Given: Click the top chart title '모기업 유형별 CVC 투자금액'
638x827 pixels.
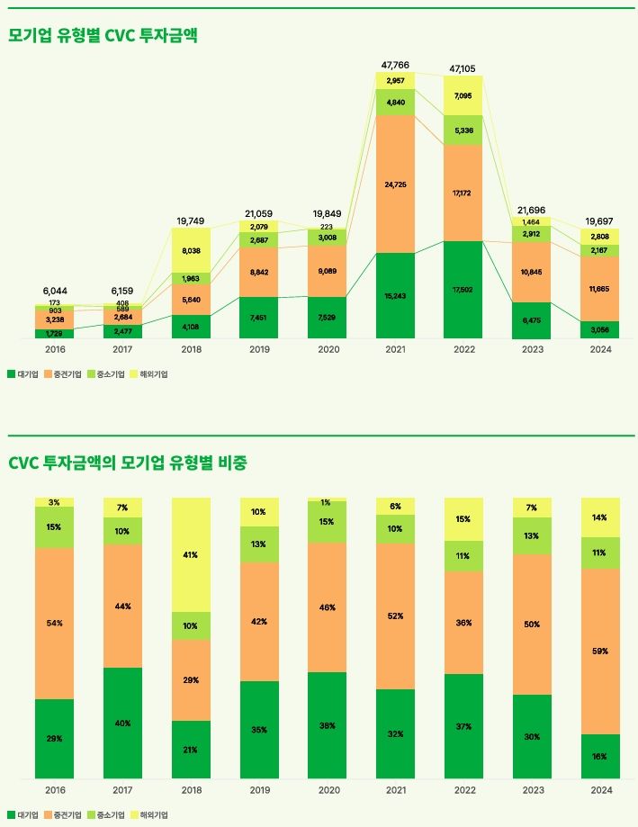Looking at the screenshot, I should [x=103, y=36].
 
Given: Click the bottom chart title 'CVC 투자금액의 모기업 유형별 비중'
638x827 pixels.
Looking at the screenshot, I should [x=128, y=463].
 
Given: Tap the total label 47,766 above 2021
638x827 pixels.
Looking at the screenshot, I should [x=396, y=65].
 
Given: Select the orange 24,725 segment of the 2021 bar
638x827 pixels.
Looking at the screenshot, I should [x=396, y=184].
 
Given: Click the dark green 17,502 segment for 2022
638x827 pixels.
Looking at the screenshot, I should [x=464, y=290].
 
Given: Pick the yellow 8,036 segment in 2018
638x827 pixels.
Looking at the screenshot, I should [x=192, y=251].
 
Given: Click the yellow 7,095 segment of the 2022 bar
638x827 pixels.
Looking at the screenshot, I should [x=464, y=95].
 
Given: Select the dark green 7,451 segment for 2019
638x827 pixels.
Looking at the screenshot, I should [x=259, y=317].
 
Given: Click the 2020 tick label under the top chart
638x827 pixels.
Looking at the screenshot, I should [x=328, y=350].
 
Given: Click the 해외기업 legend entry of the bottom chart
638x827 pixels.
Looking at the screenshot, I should [x=149, y=814].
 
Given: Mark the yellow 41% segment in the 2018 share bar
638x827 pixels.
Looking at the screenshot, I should [x=192, y=555].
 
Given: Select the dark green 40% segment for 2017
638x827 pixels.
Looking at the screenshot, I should [x=123, y=723].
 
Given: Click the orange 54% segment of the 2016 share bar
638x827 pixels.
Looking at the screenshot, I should [x=55, y=623].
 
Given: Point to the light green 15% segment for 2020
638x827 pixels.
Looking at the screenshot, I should [x=328, y=522].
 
